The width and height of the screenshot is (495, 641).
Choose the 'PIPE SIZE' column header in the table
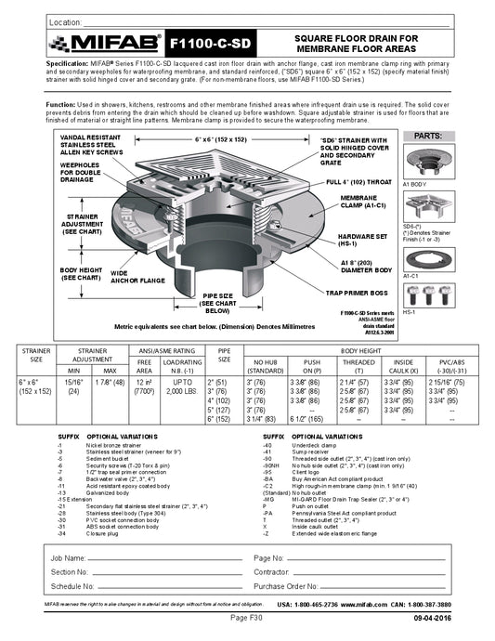pos(223,355)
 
